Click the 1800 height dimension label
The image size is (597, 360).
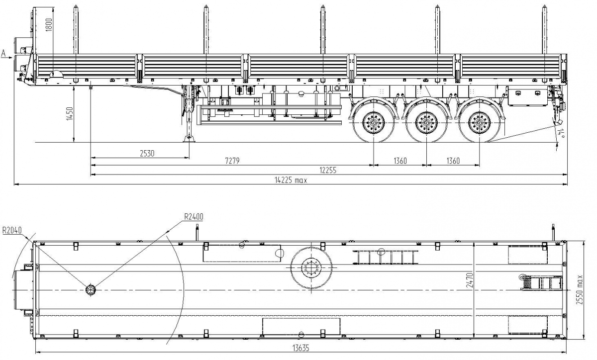pos(48,24)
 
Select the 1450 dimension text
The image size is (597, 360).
pos(70,115)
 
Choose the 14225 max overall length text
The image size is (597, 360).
pos(291,180)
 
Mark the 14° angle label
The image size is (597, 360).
pos(561,133)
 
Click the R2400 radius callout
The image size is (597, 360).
pos(194,216)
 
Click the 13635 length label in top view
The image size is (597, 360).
pos(299,348)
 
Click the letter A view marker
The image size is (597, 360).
pos(4,53)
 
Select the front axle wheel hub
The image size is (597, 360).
pos(373,122)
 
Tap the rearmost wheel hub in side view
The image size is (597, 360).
pos(480,122)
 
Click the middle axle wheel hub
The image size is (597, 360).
pos(426,122)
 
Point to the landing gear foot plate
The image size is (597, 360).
pos(189,139)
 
